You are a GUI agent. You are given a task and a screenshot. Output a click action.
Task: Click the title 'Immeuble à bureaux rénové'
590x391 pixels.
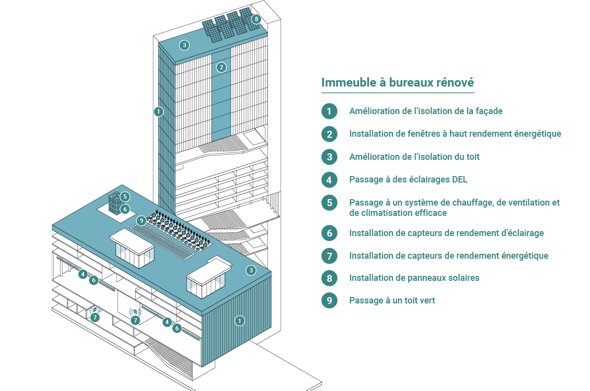(x=397, y=83)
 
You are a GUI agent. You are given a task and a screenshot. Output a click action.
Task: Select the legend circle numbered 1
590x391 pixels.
(x=329, y=111)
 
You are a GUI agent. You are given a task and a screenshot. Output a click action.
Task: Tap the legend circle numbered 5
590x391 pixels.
(x=329, y=203)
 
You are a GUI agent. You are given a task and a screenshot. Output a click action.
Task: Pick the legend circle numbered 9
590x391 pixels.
(x=329, y=301)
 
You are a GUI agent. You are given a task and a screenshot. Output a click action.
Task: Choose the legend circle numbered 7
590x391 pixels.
(x=329, y=256)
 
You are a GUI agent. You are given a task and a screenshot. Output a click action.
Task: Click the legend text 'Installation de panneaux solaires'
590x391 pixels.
(x=414, y=278)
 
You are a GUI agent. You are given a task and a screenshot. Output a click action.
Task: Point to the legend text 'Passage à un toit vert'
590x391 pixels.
(x=392, y=301)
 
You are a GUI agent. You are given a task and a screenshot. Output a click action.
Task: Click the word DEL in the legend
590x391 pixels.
(x=460, y=180)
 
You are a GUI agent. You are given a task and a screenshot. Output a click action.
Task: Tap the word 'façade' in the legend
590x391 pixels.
(x=489, y=111)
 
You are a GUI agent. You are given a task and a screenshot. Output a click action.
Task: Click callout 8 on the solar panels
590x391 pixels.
(x=256, y=19)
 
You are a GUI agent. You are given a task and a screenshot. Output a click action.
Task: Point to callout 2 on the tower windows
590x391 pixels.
(x=221, y=67)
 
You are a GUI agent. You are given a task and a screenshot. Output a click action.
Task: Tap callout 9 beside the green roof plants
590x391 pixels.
(x=142, y=220)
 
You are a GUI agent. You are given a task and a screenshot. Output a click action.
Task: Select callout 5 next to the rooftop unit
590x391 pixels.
(x=125, y=197)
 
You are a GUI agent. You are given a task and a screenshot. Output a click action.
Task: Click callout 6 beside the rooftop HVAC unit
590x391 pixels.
(x=125, y=210)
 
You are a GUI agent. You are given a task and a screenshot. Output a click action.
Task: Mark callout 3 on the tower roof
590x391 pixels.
(x=184, y=45)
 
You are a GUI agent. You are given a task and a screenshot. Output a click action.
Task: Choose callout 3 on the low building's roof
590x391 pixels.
(x=251, y=271)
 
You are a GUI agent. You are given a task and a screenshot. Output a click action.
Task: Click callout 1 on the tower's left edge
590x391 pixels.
(x=158, y=112)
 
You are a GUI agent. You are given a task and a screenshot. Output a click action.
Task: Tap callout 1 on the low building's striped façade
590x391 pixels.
(x=240, y=321)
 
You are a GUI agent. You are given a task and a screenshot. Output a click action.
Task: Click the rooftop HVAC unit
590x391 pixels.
(x=115, y=204)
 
